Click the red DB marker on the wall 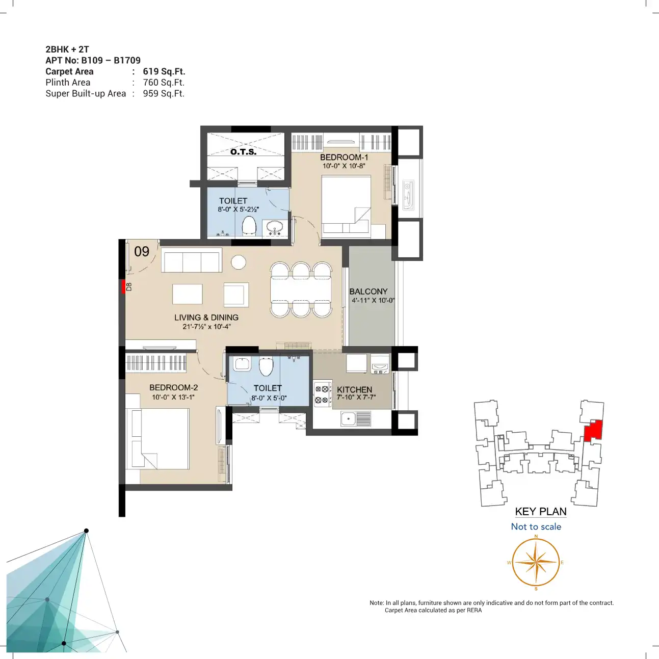(x=123, y=286)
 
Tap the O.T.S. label (x=243, y=151)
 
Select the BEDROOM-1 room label (x=344, y=157)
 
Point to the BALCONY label (x=368, y=292)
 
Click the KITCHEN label (x=354, y=389)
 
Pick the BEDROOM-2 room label (x=173, y=387)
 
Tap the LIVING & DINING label (x=206, y=318)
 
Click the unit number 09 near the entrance (x=142, y=251)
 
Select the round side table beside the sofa (x=239, y=262)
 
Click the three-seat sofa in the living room (x=191, y=260)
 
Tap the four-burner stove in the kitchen (x=323, y=393)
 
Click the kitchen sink (x=356, y=418)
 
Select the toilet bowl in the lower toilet (x=266, y=366)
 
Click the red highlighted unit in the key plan (x=593, y=431)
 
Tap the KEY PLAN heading (x=541, y=511)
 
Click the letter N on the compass (x=536, y=536)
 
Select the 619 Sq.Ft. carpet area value (x=164, y=71)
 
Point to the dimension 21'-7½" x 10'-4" (x=206, y=327)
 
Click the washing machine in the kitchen (x=380, y=364)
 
